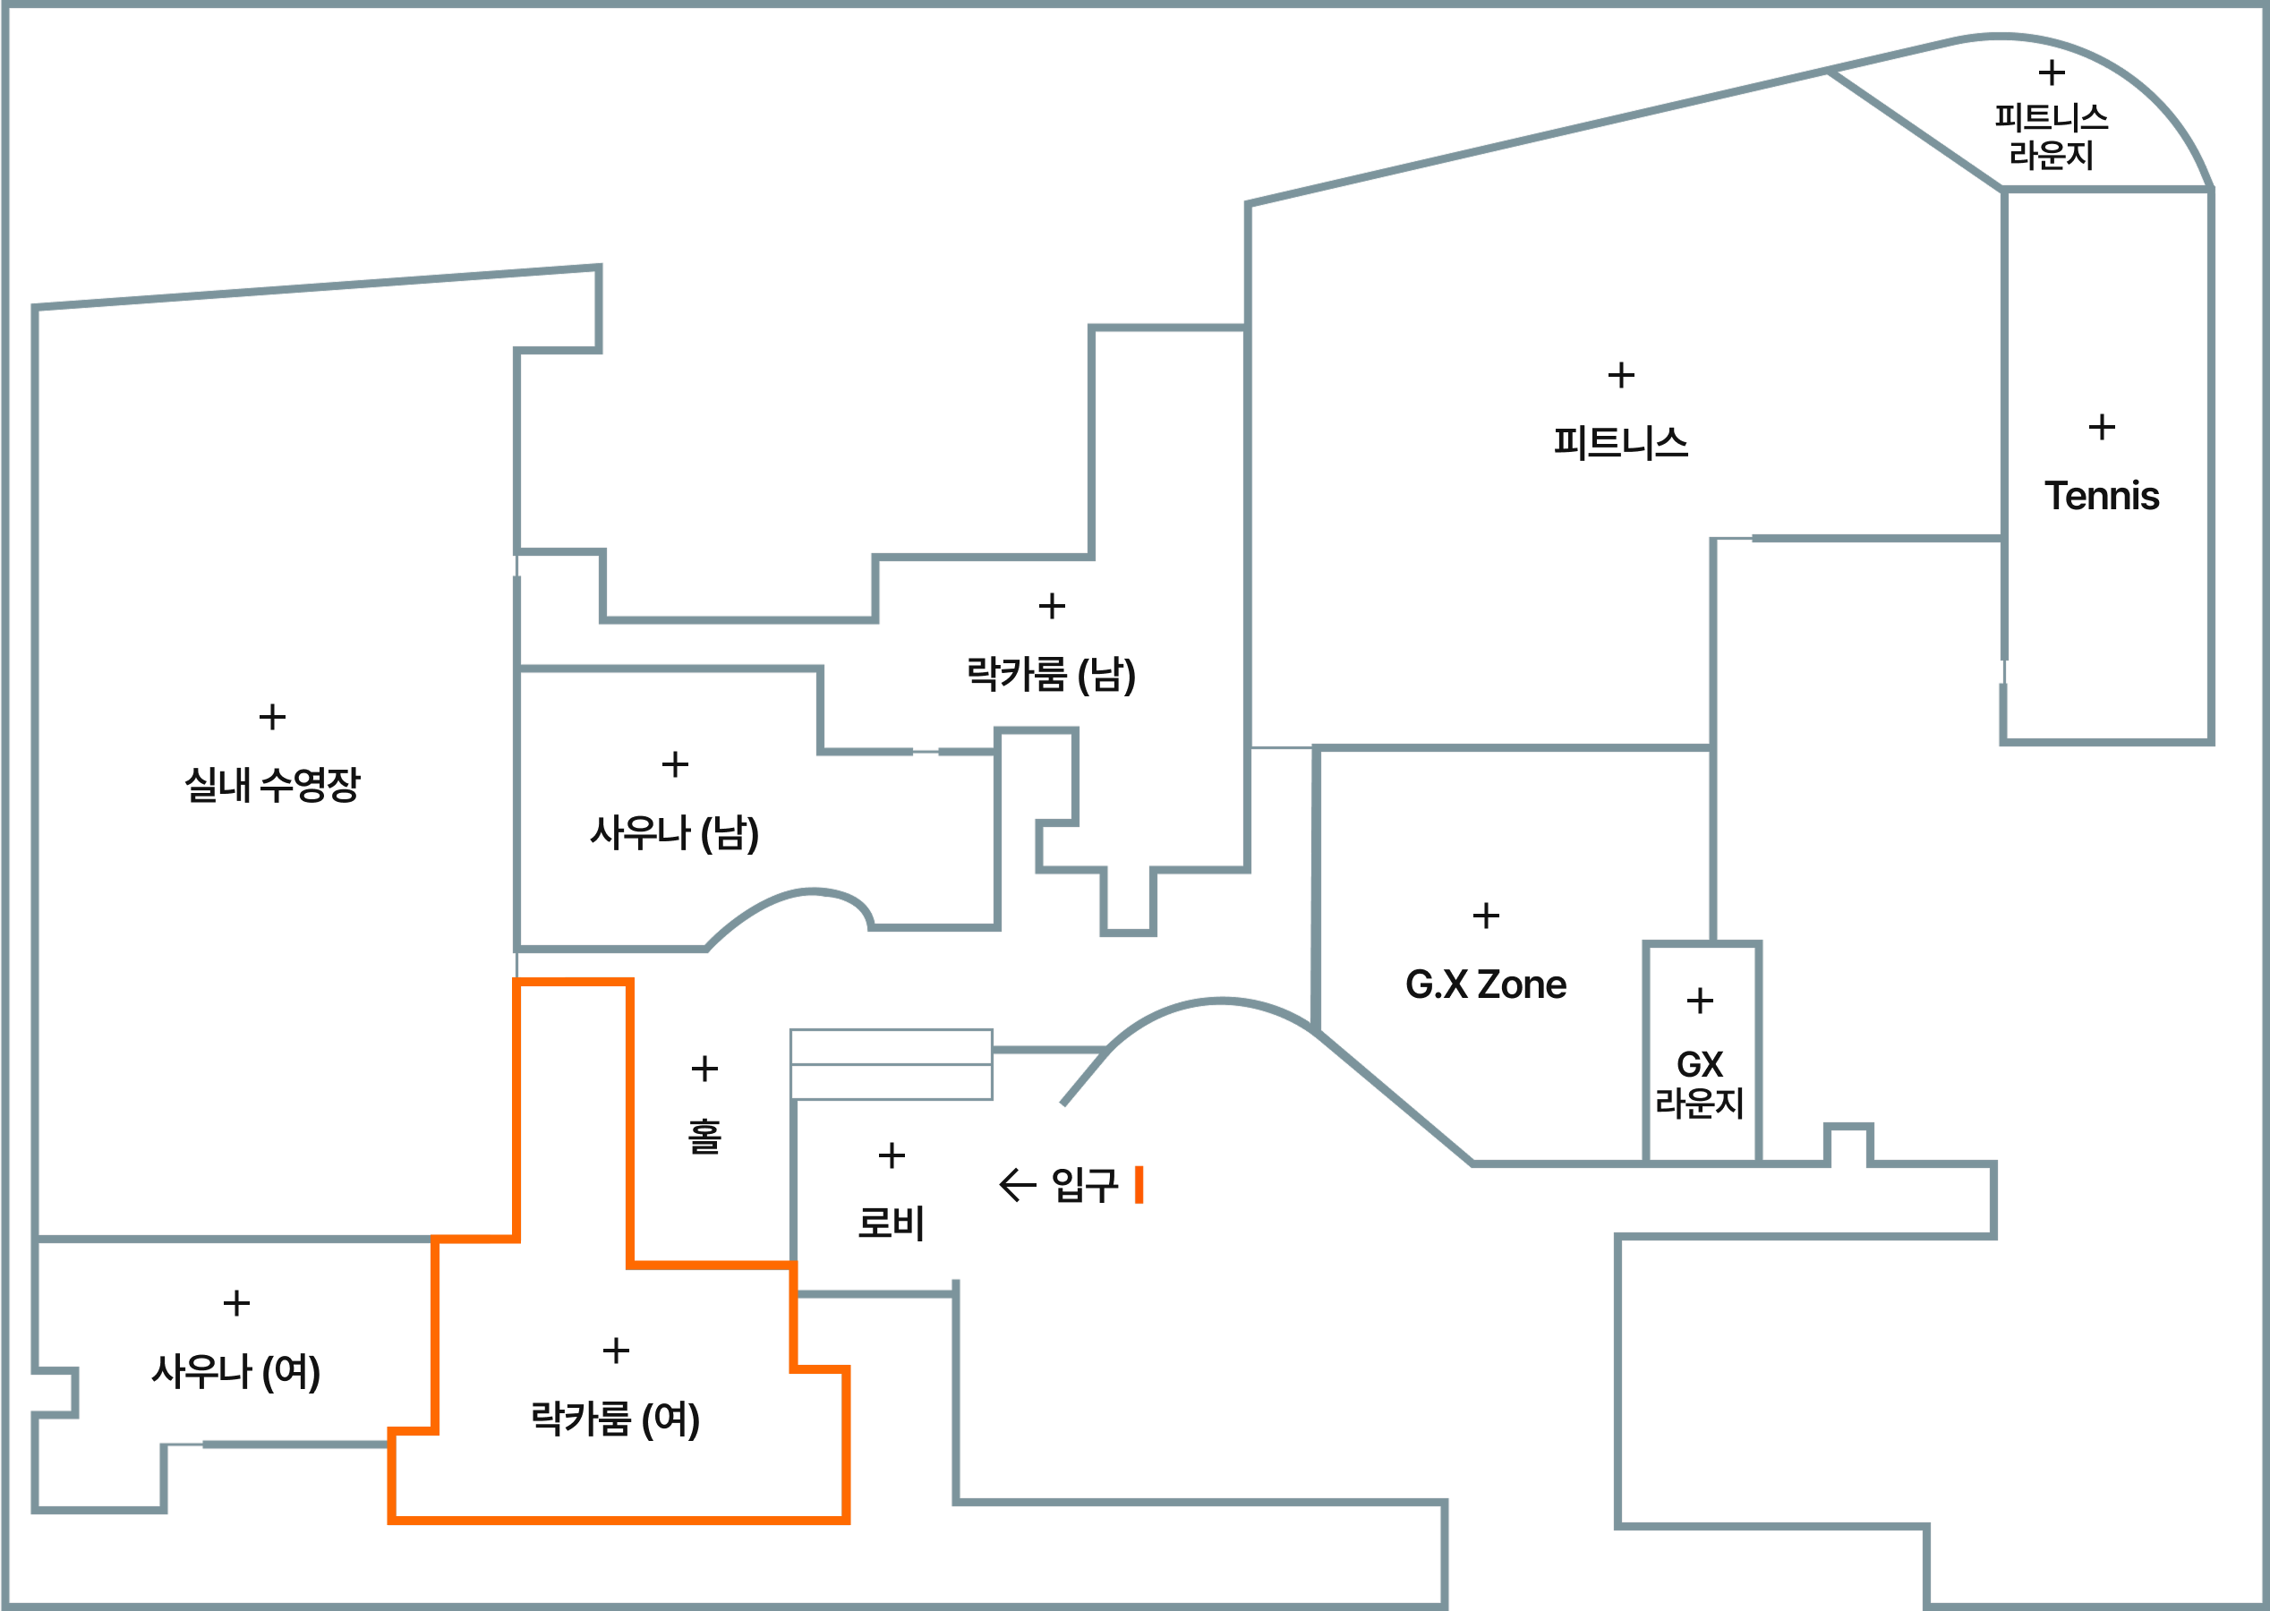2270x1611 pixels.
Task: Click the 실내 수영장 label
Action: point(272,785)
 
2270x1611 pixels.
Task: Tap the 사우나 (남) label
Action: point(675,833)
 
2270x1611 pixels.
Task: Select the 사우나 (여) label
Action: point(236,1372)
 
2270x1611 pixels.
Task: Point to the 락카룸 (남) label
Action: point(1051,675)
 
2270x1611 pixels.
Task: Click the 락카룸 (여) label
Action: point(615,1419)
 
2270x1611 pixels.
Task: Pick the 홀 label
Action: point(704,1137)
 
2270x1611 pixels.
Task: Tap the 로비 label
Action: point(891,1223)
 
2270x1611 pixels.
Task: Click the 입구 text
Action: point(1083,1184)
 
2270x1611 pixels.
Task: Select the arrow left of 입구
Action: point(1017,1184)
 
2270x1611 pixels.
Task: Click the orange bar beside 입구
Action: point(1139,1184)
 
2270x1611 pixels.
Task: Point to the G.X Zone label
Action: point(1485,984)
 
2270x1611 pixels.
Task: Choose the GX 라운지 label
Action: point(1700,1083)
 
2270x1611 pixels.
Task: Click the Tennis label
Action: point(2102,496)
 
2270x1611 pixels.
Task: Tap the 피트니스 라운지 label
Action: point(2051,136)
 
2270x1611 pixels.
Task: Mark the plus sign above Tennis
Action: point(2102,428)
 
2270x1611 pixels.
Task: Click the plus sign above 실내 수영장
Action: point(273,716)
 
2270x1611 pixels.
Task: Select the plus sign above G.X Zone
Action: point(1485,916)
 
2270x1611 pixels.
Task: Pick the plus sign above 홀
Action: point(704,1069)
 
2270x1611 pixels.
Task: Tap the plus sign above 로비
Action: point(892,1155)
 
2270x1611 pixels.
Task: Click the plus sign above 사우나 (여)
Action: point(236,1302)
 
